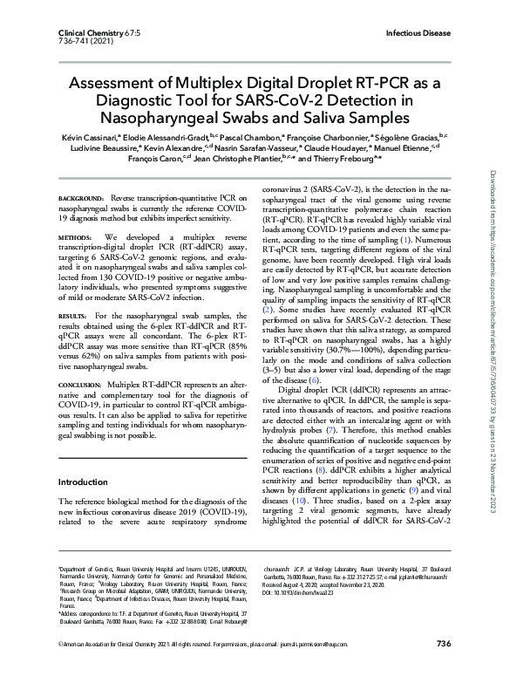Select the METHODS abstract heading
(74, 236)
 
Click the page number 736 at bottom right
(442, 667)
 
